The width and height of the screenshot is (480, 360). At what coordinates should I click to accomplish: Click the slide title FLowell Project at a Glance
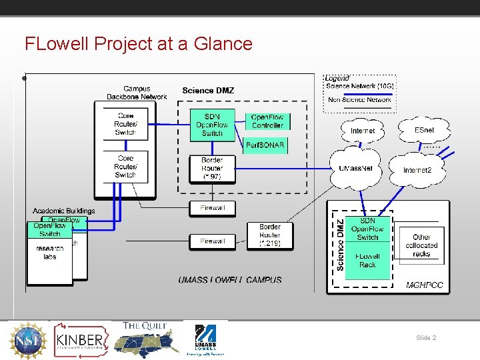pyautogui.click(x=139, y=44)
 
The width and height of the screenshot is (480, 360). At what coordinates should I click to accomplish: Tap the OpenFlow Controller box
pyautogui.click(x=267, y=121)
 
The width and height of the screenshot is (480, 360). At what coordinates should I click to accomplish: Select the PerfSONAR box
pyautogui.click(x=265, y=145)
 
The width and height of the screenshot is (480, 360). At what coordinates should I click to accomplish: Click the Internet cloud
pyautogui.click(x=363, y=131)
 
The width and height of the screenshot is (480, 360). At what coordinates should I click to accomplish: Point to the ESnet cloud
pyautogui.click(x=424, y=130)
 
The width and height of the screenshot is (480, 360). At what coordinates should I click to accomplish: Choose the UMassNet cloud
pyautogui.click(x=360, y=169)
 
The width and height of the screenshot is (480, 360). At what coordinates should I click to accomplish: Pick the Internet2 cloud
pyautogui.click(x=417, y=170)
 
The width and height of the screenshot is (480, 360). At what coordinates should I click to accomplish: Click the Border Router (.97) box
pyautogui.click(x=212, y=169)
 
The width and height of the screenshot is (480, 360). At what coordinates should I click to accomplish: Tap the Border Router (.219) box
pyautogui.click(x=270, y=235)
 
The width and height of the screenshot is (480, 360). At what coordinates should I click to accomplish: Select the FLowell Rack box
pyautogui.click(x=367, y=261)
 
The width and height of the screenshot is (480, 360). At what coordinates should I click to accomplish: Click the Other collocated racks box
pyautogui.click(x=421, y=245)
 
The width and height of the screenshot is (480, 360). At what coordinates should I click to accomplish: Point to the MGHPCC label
pyautogui.click(x=424, y=285)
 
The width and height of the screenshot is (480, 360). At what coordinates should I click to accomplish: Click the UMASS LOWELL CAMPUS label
pyautogui.click(x=230, y=280)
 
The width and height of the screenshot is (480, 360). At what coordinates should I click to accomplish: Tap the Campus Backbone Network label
pyautogui.click(x=137, y=93)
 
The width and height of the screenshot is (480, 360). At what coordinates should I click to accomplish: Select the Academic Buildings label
pyautogui.click(x=64, y=211)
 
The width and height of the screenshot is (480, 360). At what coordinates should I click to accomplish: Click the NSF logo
pyautogui.click(x=28, y=340)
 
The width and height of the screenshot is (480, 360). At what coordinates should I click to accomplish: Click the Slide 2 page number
pyautogui.click(x=426, y=338)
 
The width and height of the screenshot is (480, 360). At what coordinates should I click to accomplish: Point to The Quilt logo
pyautogui.click(x=145, y=340)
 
